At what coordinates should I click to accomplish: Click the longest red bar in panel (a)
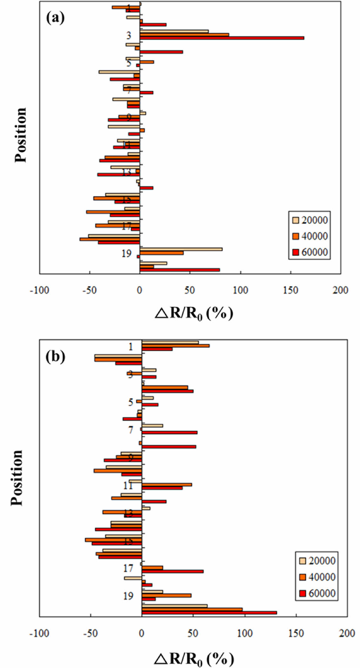point(222,38)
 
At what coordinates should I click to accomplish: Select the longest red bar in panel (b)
point(209,612)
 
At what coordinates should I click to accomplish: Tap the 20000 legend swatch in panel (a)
point(296,220)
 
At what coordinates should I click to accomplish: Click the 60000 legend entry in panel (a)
point(310,252)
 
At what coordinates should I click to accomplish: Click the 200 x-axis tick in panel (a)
point(340,290)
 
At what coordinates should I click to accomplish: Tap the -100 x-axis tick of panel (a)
point(39,290)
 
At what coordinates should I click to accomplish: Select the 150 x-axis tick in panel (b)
point(296,633)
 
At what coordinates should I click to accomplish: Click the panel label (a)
point(55,18)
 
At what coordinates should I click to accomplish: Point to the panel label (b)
point(55,356)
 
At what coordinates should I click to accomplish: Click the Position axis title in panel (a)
point(21,135)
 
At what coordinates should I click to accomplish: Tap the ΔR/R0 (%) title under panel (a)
point(194,314)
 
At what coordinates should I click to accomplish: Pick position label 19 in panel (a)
point(126,253)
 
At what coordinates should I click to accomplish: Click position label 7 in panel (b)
point(130,430)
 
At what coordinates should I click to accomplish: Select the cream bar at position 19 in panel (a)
point(181,249)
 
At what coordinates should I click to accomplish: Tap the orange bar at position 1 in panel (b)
point(175,346)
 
